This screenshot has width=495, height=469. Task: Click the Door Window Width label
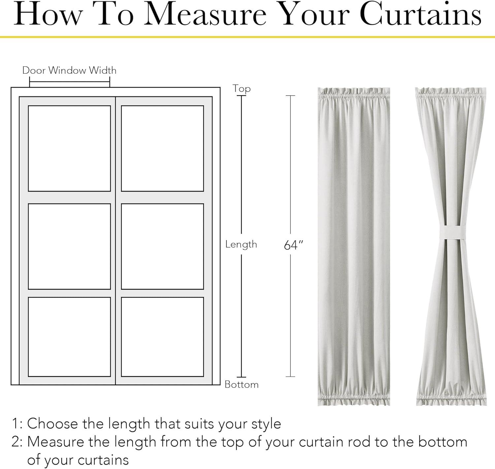[x=69, y=70]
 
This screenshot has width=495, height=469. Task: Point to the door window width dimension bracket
[x=70, y=82]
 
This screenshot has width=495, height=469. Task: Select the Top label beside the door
[x=242, y=89]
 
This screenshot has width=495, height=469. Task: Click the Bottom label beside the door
[x=242, y=384]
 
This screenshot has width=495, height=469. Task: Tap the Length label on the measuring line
[x=241, y=244]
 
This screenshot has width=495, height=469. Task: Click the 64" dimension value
[x=293, y=245]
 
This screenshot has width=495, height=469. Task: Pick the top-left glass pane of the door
[x=69, y=148]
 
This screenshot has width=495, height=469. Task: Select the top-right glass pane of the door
[x=162, y=148]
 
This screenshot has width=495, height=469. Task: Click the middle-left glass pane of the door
[x=69, y=246]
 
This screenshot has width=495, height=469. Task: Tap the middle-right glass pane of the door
[x=162, y=246]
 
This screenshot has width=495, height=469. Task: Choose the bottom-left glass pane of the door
[x=69, y=337]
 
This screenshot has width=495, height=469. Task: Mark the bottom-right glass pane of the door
[x=162, y=337]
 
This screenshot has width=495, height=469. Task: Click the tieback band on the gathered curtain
[x=453, y=232]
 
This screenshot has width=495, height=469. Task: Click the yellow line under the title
[x=247, y=37]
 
